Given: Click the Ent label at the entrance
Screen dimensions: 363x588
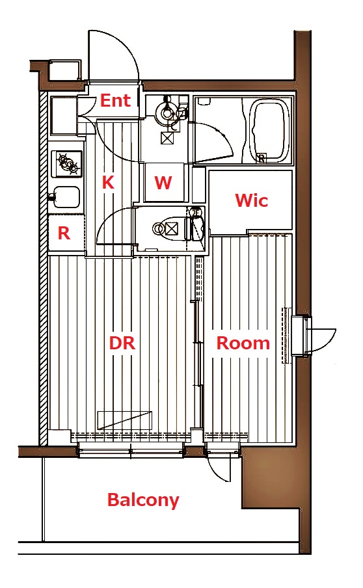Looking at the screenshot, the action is click(116, 101).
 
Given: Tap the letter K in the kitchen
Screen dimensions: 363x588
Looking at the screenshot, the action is click(108, 182).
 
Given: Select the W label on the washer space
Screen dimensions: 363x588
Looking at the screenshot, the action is click(163, 183).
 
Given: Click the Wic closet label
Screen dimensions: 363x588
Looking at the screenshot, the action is click(252, 200).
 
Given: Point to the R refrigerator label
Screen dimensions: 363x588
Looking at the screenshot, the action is click(64, 234).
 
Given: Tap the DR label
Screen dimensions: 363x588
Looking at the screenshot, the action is click(122, 343).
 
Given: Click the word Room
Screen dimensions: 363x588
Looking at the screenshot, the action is click(243, 343).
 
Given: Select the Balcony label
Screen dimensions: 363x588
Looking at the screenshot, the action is click(143, 500).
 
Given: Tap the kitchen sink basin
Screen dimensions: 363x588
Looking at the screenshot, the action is click(66, 197).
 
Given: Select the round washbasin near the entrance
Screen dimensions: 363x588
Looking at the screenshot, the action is click(165, 111).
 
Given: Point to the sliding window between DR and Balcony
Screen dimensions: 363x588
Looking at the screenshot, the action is click(131, 449).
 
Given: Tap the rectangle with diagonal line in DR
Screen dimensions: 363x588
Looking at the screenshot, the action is click(124, 420).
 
